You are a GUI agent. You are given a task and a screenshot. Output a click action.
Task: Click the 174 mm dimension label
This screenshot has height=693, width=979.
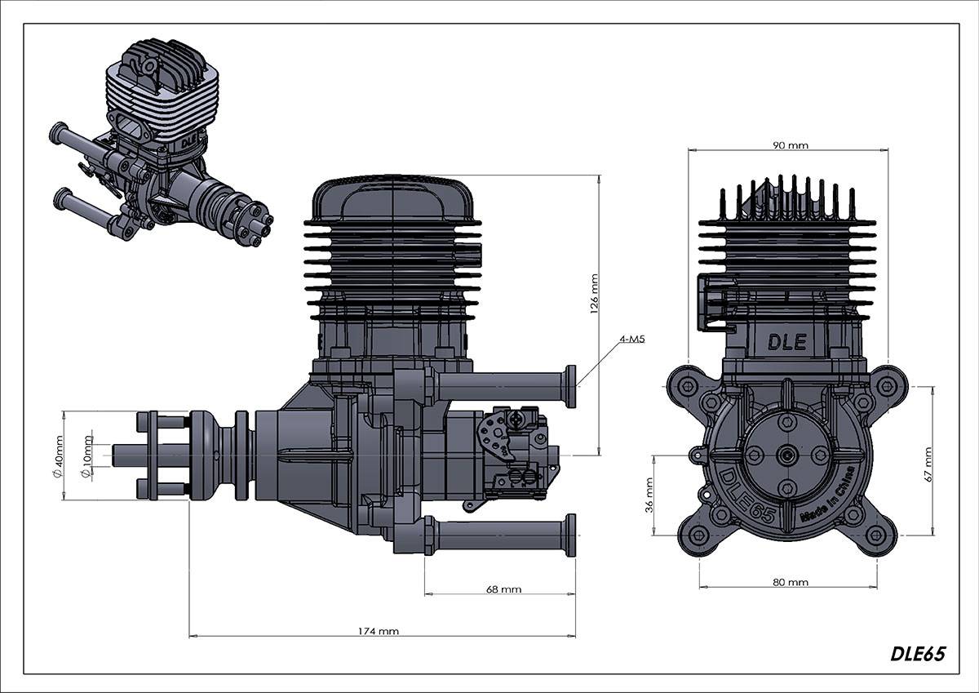point(379,630)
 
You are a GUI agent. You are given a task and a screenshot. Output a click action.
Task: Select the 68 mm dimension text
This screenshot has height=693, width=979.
point(503,589)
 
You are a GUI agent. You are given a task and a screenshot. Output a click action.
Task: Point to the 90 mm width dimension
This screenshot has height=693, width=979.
point(789,145)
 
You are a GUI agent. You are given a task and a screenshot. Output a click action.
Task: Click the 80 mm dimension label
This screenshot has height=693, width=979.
point(789,582)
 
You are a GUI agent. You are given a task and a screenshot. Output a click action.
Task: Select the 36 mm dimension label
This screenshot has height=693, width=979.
point(649,495)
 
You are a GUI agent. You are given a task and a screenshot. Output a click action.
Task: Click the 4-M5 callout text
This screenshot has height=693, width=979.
point(631,337)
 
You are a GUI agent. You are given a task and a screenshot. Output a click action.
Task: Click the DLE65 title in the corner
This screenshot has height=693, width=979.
point(918,654)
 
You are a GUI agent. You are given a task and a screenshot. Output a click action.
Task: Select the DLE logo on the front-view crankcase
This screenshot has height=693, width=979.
point(787,342)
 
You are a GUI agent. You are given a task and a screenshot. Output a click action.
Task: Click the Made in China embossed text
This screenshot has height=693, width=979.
point(827,495)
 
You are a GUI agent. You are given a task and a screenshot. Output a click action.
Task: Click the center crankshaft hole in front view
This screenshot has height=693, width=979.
point(787,455)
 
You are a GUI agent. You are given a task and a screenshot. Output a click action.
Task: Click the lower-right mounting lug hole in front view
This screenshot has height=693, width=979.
point(877,534)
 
